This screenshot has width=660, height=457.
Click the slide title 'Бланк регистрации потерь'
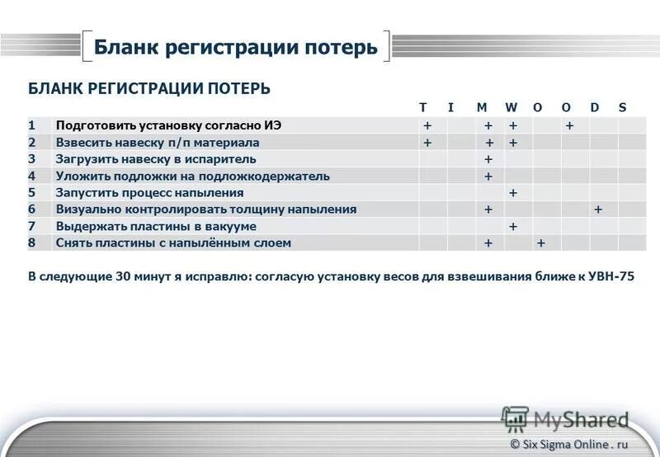point(235,46)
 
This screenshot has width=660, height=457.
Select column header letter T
point(422,108)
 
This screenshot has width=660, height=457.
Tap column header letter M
point(482,108)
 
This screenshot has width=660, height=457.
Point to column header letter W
point(511,108)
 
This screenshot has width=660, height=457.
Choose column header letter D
point(594,108)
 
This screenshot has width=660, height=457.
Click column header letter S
point(622,108)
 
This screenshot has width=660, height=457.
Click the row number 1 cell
point(31,125)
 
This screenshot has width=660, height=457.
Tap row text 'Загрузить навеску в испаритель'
point(155,159)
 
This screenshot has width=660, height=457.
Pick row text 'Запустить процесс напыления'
point(149,192)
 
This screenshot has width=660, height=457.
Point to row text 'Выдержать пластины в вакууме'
point(155,226)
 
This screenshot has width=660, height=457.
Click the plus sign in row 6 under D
point(598,210)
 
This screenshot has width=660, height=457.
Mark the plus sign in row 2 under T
point(427,143)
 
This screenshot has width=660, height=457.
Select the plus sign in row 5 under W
point(513,193)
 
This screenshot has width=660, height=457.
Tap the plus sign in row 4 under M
point(488,176)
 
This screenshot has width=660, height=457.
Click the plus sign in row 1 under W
point(513,125)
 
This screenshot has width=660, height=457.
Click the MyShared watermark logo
point(565,418)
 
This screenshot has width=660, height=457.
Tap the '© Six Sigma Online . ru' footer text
point(569,444)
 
